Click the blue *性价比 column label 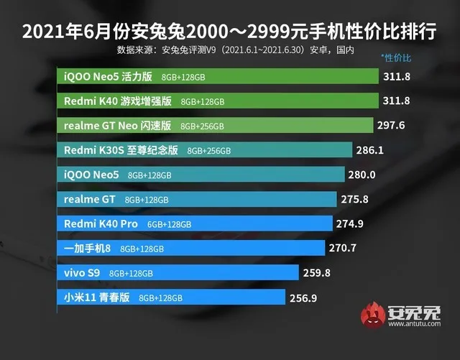pyautogui.click(x=395, y=57)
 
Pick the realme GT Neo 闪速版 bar pyautogui.click(x=215, y=125)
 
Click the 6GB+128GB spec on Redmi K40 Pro pyautogui.click(x=170, y=224)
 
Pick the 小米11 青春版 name pyautogui.click(x=97, y=297)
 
